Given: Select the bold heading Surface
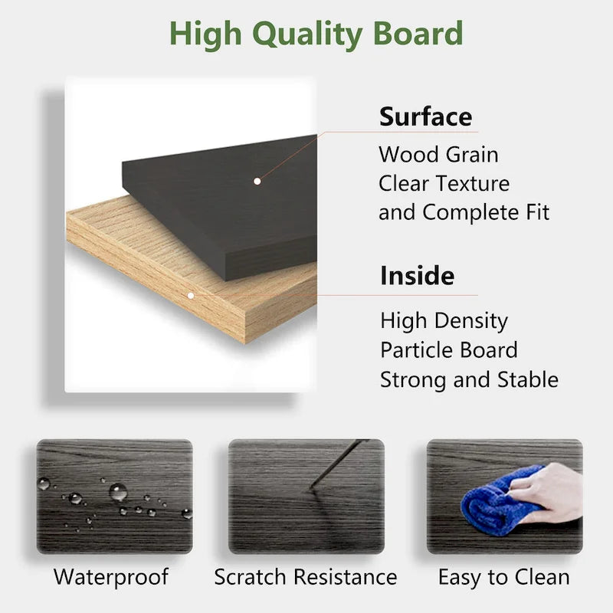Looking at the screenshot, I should pyautogui.click(x=425, y=117).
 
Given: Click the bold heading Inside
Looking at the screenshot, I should pyautogui.click(x=417, y=275).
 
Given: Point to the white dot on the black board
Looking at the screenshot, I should pyautogui.click(x=257, y=182).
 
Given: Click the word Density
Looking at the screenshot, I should pyautogui.click(x=472, y=320).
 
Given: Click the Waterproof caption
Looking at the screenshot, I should pyautogui.click(x=111, y=577).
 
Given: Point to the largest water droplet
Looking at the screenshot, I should pyautogui.click(x=118, y=491).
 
